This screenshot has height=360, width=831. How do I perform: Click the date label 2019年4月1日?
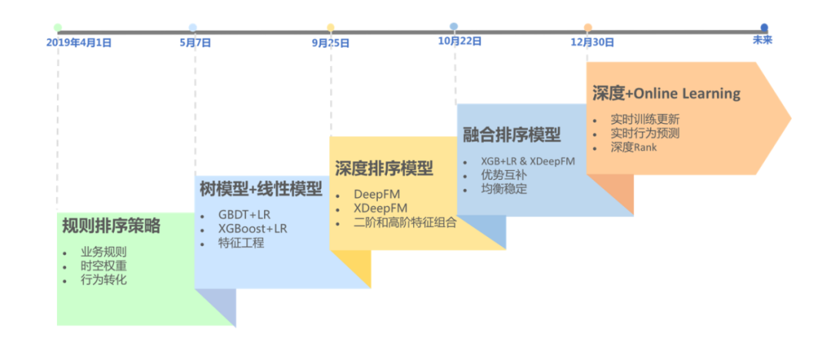(x=78, y=43)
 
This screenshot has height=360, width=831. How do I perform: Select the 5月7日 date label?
(x=195, y=43)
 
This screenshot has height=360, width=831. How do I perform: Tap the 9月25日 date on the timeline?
(x=330, y=43)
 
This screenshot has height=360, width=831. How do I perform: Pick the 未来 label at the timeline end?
(x=763, y=40)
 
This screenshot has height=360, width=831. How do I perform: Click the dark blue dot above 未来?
(x=764, y=27)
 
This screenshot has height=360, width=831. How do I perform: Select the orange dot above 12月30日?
(x=588, y=28)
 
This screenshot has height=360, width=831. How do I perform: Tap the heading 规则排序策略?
(x=112, y=226)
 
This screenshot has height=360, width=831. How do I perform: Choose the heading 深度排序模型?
(x=384, y=168)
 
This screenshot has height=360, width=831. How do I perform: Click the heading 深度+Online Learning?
(x=666, y=94)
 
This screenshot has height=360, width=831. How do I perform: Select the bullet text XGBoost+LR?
(x=253, y=228)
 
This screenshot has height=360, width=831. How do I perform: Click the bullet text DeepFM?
(x=377, y=194)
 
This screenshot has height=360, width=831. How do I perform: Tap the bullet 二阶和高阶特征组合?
(x=405, y=223)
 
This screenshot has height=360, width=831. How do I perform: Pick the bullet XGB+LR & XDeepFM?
(x=528, y=161)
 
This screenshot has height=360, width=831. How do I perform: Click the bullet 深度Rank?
(x=634, y=147)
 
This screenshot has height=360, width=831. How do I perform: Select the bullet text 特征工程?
(x=242, y=243)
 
